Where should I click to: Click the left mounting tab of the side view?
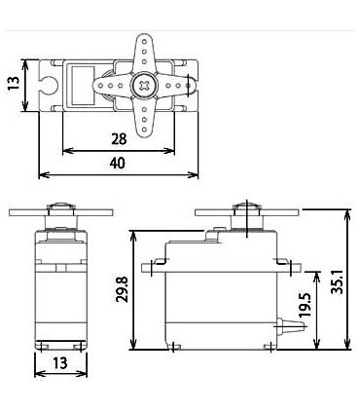(x=152, y=263)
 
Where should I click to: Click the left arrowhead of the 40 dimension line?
(x=42, y=176)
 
